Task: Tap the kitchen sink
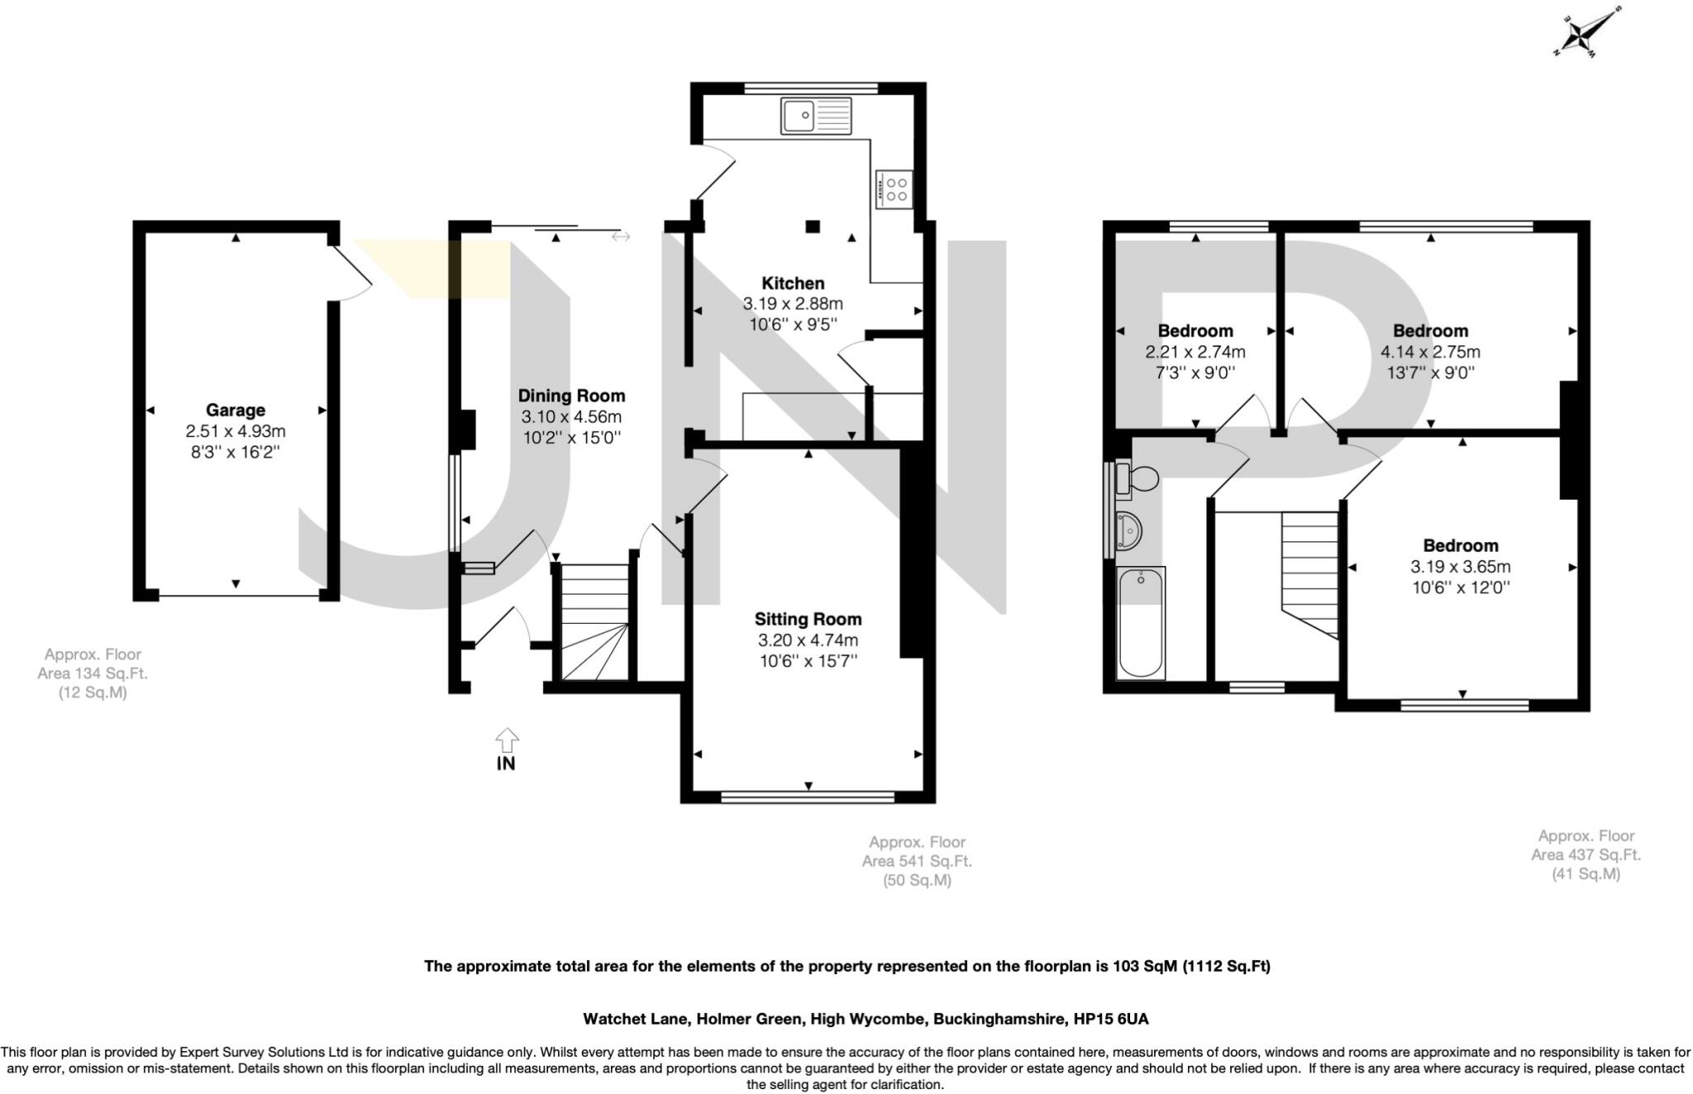pyautogui.click(x=815, y=116)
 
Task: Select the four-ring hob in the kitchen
pyautogui.click(x=894, y=189)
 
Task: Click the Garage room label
pyautogui.click(x=236, y=410)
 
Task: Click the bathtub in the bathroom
pyautogui.click(x=1140, y=623)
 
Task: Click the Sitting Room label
pyautogui.click(x=808, y=619)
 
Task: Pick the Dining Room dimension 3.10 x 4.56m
pyautogui.click(x=570, y=416)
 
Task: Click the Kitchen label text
pyautogui.click(x=793, y=283)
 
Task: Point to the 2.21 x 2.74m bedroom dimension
pyautogui.click(x=1195, y=352)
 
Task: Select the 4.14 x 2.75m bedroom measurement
pyautogui.click(x=1430, y=352)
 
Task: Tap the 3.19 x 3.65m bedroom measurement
pyautogui.click(x=1460, y=567)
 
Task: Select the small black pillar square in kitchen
pyautogui.click(x=813, y=226)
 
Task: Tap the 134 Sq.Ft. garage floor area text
pyautogui.click(x=92, y=673)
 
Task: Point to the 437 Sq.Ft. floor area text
pyautogui.click(x=1585, y=854)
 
